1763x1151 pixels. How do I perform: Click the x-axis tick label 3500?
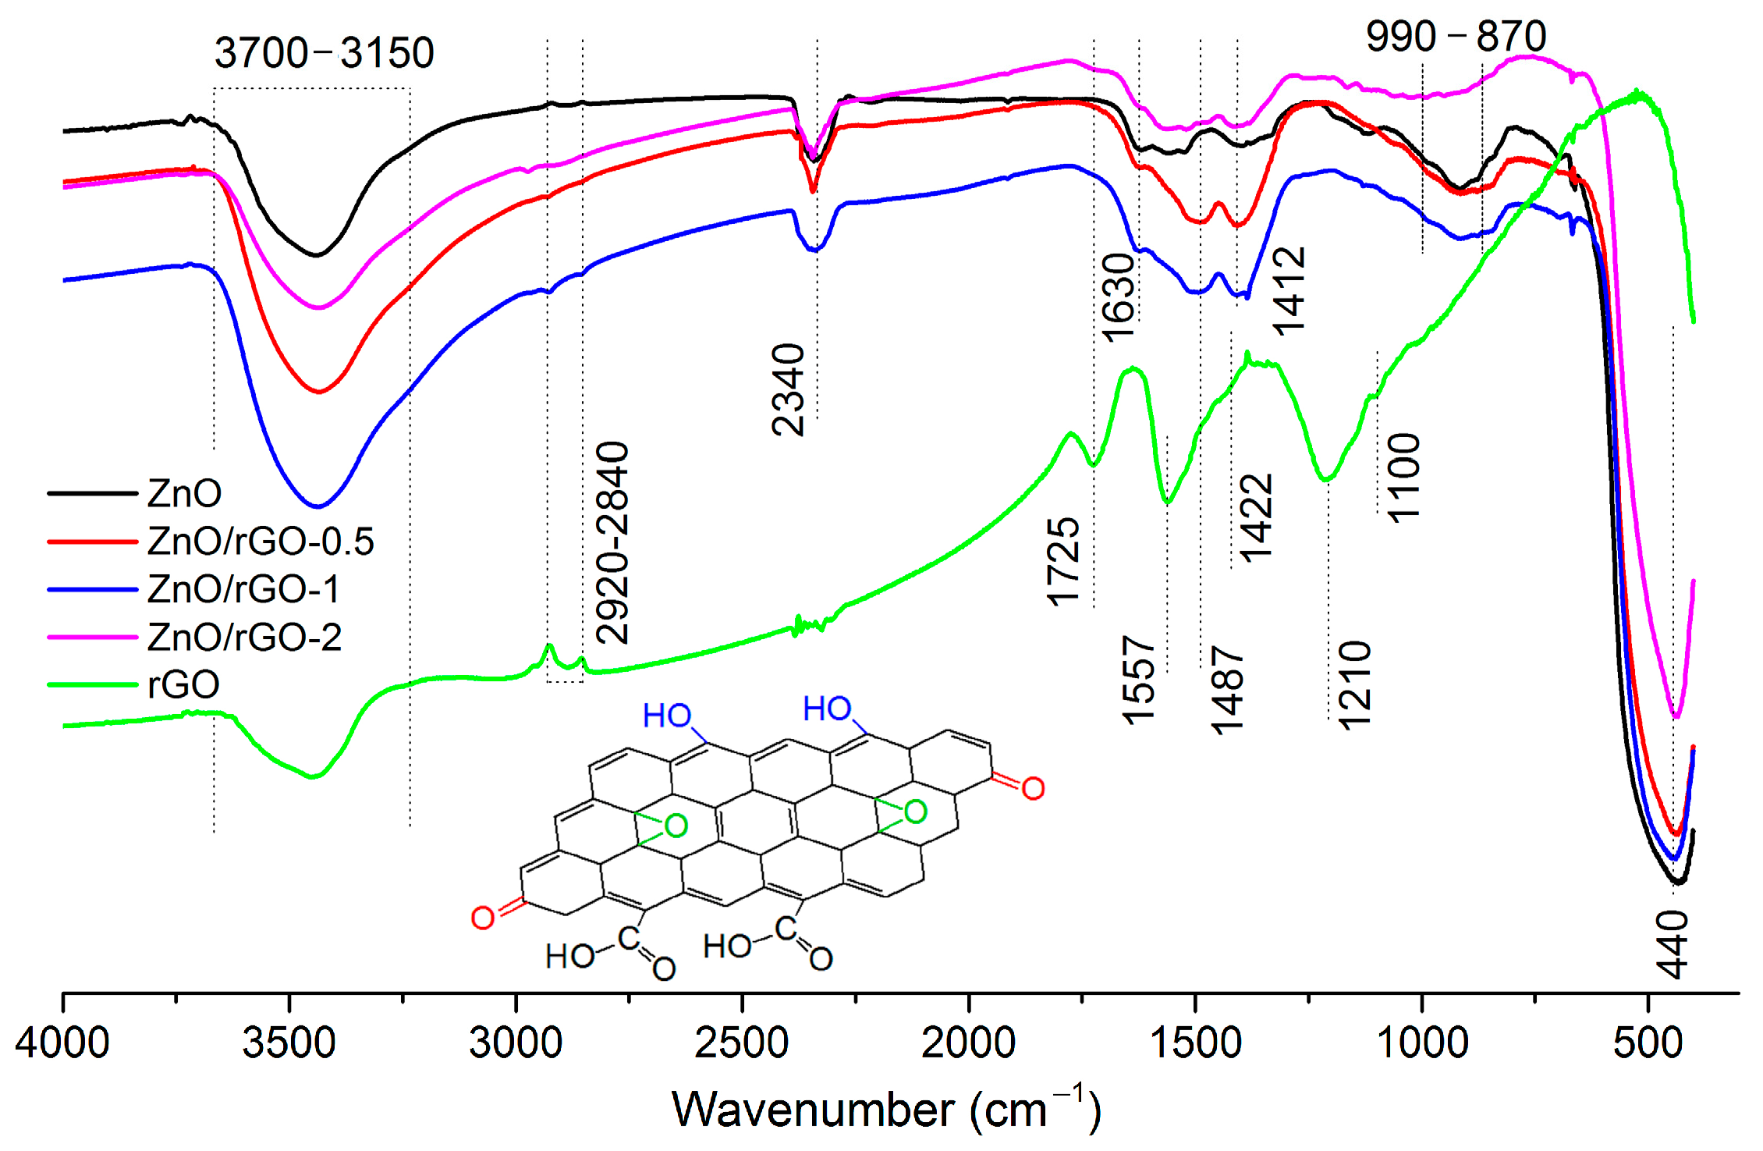(289, 1043)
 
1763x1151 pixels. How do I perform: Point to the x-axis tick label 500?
(1648, 1043)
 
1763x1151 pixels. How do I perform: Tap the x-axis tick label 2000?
(968, 1043)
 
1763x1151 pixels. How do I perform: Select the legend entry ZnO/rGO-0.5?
(260, 541)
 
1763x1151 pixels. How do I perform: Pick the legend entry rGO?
(183, 684)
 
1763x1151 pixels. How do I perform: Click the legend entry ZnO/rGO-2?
(244, 637)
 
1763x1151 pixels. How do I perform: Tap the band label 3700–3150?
(324, 53)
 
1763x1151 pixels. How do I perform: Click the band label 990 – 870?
(1456, 36)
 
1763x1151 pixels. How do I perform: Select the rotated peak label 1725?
(1064, 561)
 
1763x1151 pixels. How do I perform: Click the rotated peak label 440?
(1672, 943)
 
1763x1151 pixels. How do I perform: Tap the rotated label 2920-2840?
(612, 542)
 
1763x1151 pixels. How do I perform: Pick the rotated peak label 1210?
(1354, 685)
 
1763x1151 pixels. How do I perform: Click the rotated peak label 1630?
(1119, 297)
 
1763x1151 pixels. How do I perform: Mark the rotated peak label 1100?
(1404, 477)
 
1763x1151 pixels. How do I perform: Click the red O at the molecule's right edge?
(1033, 788)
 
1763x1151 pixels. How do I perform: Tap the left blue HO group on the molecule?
(667, 716)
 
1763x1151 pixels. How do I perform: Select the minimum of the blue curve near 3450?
(317, 506)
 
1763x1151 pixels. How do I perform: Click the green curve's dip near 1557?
(1167, 502)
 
